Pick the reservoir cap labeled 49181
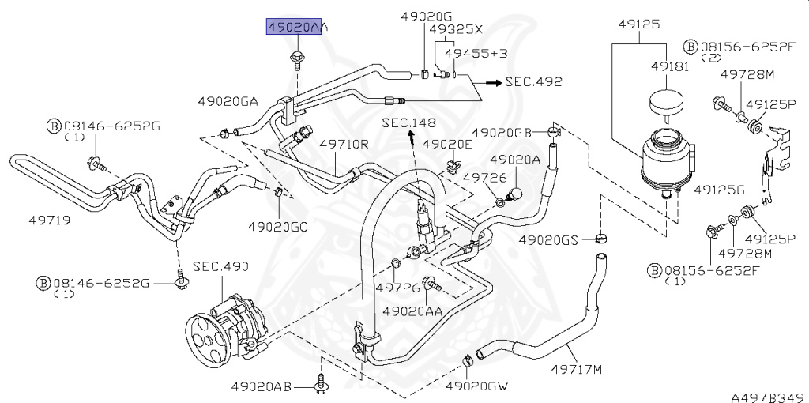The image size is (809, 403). coord(666,104)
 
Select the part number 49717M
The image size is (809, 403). coord(576,368)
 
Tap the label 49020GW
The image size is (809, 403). coord(476,386)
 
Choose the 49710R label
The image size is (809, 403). coord(344,145)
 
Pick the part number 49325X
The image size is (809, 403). coord(455,28)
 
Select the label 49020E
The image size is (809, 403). coord(446,144)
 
